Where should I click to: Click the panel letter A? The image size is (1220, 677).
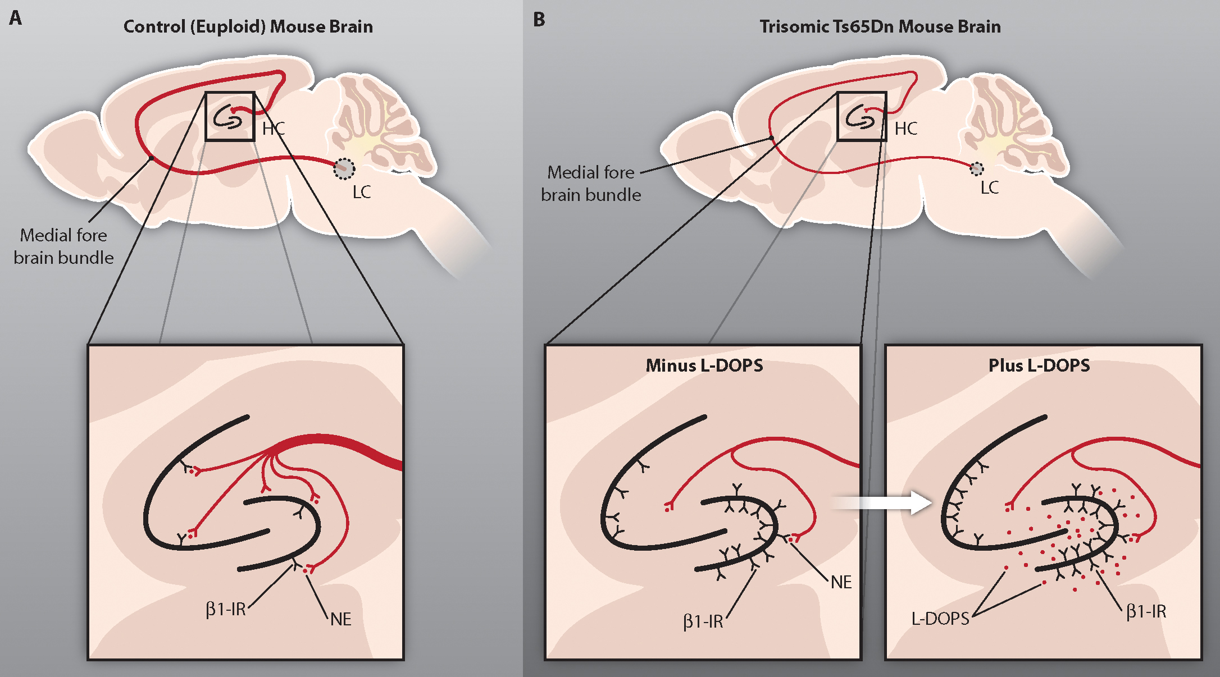tap(16, 19)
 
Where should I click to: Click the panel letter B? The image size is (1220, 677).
tap(539, 20)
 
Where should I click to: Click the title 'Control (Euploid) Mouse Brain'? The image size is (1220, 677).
tap(248, 27)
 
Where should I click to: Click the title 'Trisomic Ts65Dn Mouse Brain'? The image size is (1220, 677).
tap(880, 27)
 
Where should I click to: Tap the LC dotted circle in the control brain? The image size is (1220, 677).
tap(344, 168)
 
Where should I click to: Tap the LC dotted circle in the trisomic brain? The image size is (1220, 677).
tap(977, 168)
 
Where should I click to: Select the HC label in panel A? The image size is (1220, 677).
tap(274, 129)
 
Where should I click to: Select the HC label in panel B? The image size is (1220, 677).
tap(906, 129)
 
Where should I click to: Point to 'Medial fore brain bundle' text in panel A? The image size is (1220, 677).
tap(63, 246)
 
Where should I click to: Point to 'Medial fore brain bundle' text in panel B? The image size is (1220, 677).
tap(591, 184)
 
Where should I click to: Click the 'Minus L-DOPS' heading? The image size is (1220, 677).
tap(704, 366)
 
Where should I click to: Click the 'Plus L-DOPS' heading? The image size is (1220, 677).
tap(1039, 366)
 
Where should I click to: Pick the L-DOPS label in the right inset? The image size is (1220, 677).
tap(940, 619)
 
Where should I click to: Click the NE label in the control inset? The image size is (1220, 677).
tap(340, 619)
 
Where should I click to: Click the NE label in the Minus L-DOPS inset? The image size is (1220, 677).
tap(841, 582)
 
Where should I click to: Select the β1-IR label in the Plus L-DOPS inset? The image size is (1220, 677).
tap(1146, 611)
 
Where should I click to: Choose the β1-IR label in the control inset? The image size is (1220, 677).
tap(226, 609)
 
